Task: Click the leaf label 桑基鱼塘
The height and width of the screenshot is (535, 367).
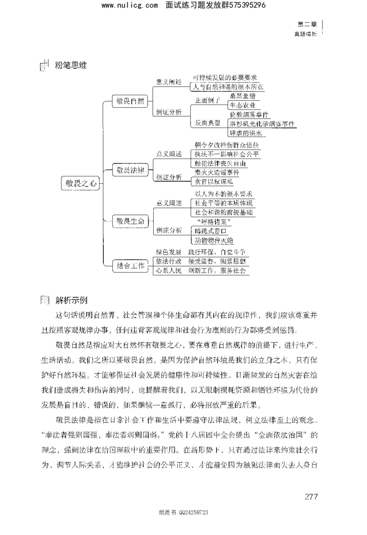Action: [243, 96]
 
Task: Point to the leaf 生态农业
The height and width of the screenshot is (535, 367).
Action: [243, 105]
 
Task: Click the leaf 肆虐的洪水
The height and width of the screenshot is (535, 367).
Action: [246, 133]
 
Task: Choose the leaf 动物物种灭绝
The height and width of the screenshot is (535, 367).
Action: [214, 240]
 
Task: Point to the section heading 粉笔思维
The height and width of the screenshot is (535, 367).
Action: [70, 66]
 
